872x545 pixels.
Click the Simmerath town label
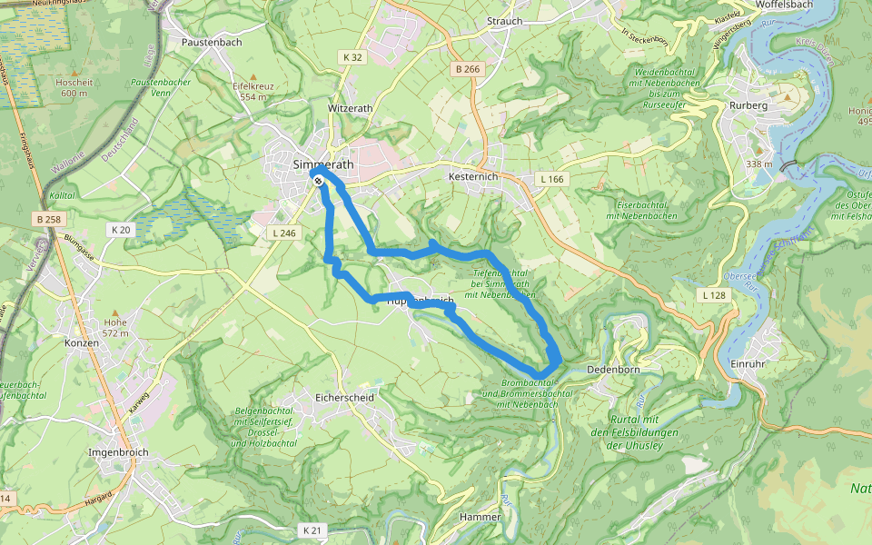click(x=324, y=163)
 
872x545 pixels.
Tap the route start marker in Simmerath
click(x=319, y=182)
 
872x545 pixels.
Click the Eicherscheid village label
click(x=338, y=398)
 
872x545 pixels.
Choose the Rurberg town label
click(x=748, y=105)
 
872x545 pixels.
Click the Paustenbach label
click(x=211, y=42)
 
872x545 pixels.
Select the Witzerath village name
click(x=350, y=108)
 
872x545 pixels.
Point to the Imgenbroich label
click(x=118, y=451)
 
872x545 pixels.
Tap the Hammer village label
click(x=481, y=517)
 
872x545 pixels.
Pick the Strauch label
click(x=504, y=21)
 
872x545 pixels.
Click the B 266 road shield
click(x=468, y=69)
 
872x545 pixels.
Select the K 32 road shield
click(x=352, y=57)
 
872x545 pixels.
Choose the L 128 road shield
click(x=714, y=295)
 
